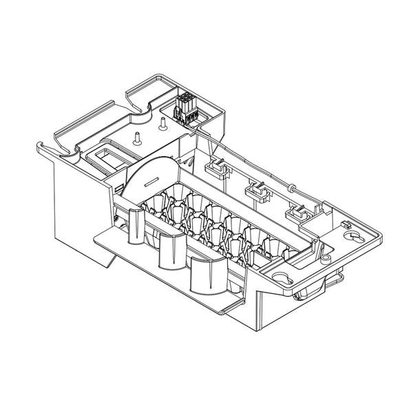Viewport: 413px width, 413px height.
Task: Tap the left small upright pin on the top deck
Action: (136, 136)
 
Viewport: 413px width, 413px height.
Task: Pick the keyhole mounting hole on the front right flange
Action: (282, 277)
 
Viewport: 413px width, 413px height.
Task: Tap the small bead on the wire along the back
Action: (292, 187)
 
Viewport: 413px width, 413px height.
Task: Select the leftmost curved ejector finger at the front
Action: (136, 225)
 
